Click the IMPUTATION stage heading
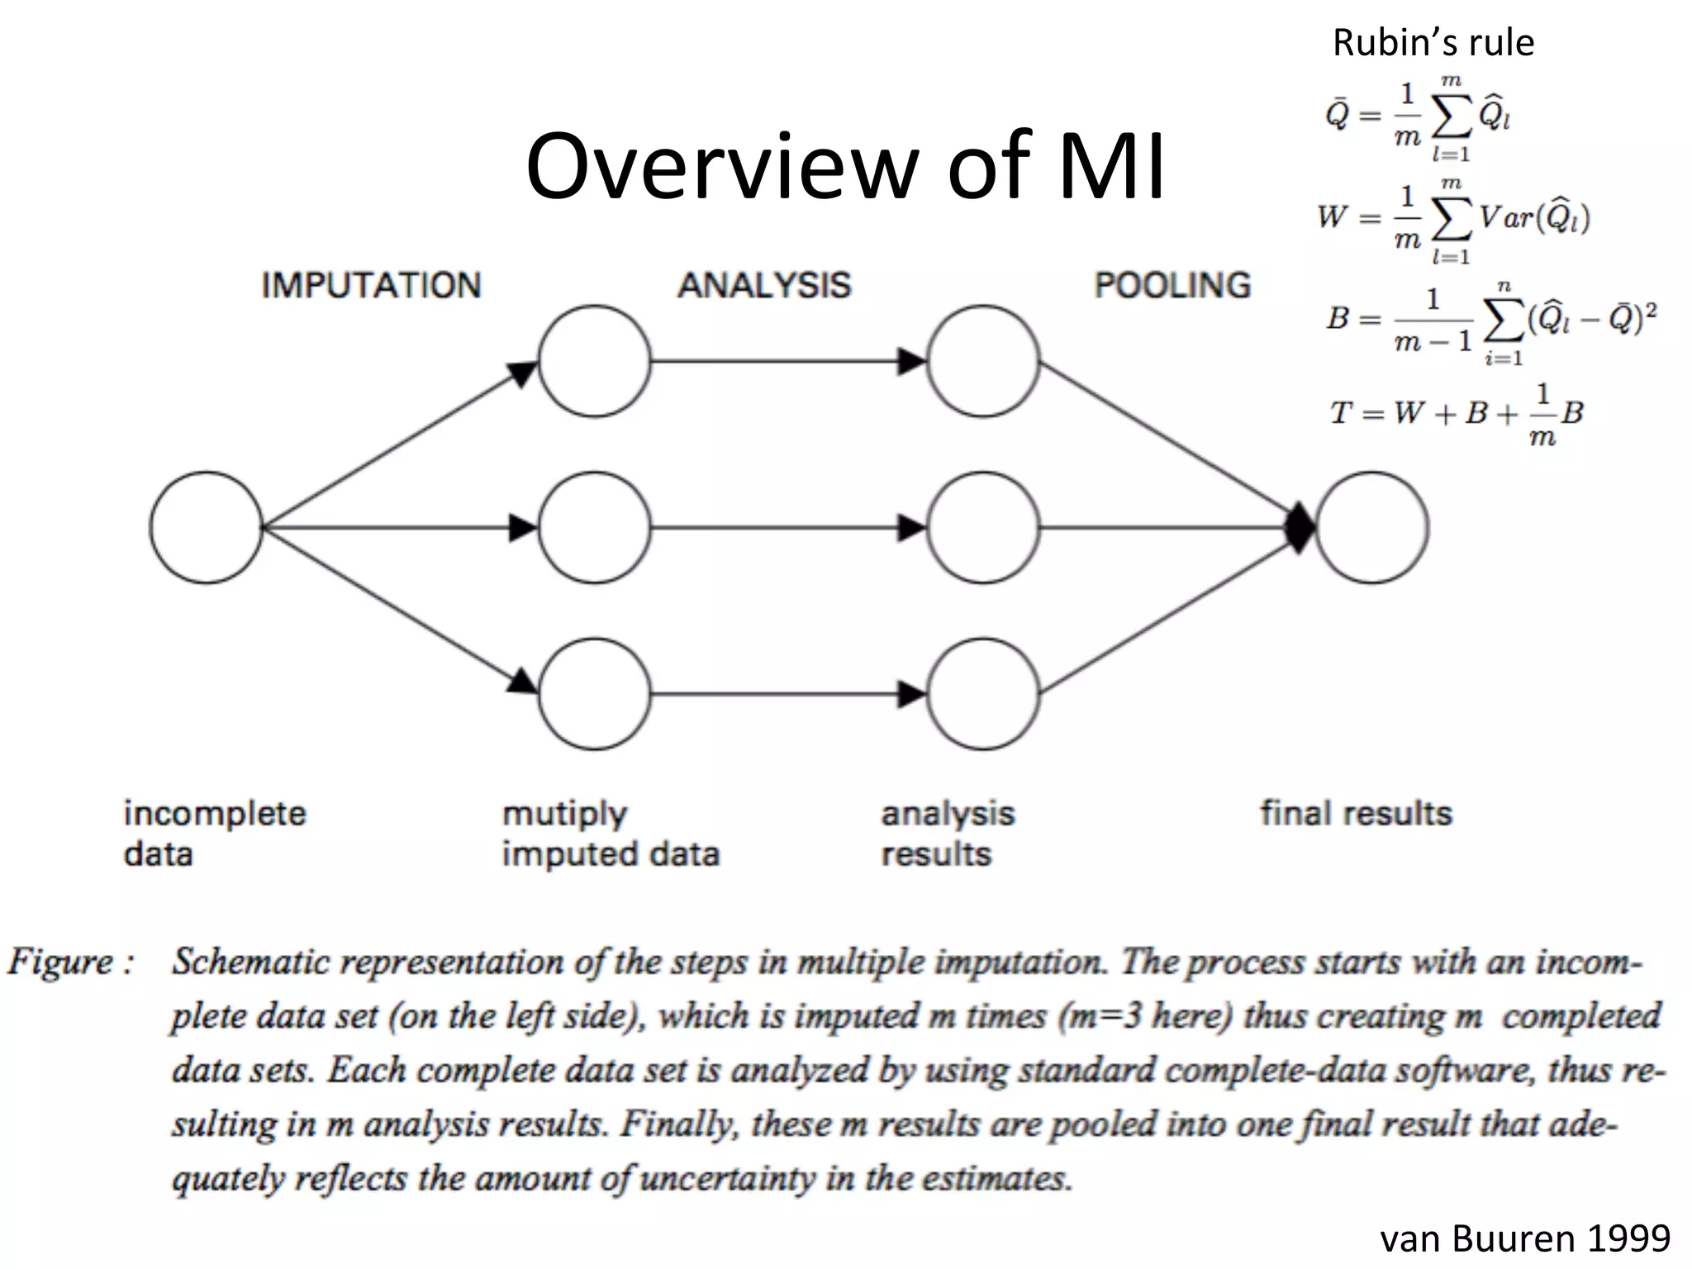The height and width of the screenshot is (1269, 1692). click(x=371, y=285)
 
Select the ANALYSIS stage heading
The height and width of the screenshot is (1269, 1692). click(x=764, y=285)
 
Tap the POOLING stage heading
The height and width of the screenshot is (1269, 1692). click(x=1172, y=285)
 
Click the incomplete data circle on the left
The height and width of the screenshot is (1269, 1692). click(x=206, y=527)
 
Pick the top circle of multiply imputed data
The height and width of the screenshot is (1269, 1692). click(x=594, y=361)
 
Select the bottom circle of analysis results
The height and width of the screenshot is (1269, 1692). click(x=982, y=693)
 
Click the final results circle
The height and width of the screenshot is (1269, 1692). click(x=1371, y=527)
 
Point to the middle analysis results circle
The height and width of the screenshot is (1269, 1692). click(x=982, y=527)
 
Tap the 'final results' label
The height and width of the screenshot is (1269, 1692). click(x=1356, y=813)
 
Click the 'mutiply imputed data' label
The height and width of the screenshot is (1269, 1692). click(x=611, y=833)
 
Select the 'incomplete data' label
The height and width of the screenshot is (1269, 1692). click(x=215, y=833)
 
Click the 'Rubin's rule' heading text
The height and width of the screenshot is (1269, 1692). click(x=1433, y=42)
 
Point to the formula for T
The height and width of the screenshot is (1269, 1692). click(x=1456, y=413)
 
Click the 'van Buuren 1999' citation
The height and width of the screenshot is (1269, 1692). click(x=1525, y=1238)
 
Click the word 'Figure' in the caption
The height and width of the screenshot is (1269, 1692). click(x=61, y=962)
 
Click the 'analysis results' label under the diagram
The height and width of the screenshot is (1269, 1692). click(x=948, y=833)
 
